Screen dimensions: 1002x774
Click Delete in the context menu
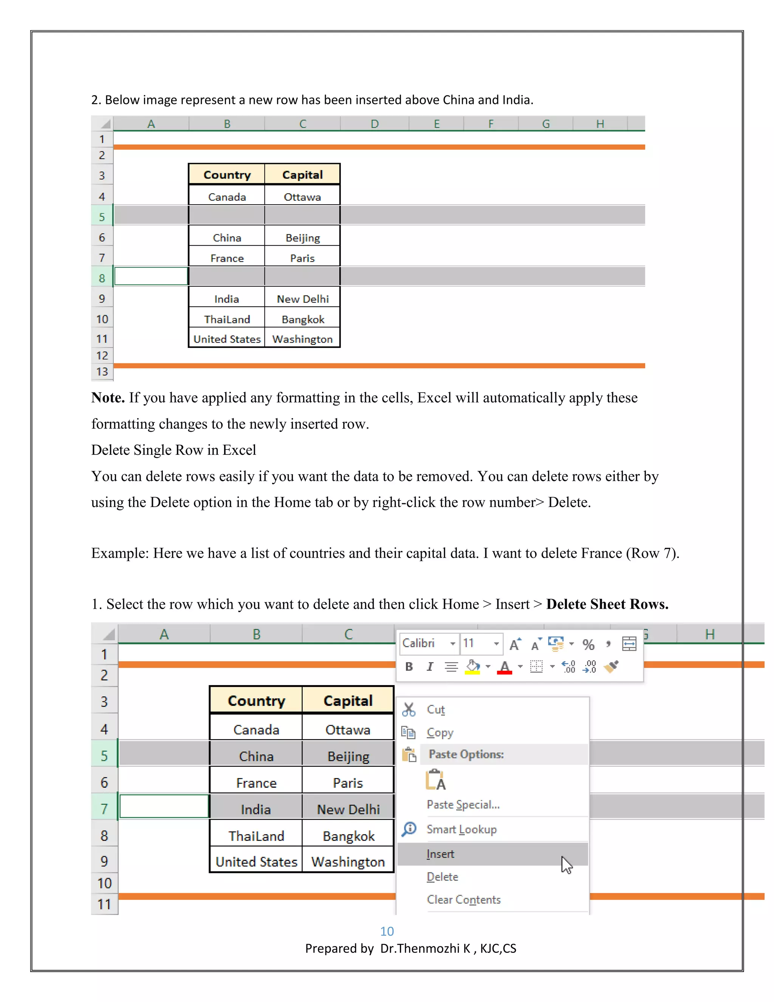442,877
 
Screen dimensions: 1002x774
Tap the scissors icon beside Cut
409,710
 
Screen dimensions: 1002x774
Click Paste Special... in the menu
463,805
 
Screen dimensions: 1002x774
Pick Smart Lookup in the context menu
461,830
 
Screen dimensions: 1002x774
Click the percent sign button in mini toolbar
588,645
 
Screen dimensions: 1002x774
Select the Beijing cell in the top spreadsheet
303,238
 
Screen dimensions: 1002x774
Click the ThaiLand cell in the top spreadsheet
227,320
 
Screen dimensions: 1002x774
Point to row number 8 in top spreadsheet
102,278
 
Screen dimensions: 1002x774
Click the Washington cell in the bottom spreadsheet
348,862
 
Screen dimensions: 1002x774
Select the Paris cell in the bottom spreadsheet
348,783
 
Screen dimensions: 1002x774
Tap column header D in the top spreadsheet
375,124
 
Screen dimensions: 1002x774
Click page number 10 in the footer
387,931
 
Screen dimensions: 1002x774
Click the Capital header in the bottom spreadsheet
348,701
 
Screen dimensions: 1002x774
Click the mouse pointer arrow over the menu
566,865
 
